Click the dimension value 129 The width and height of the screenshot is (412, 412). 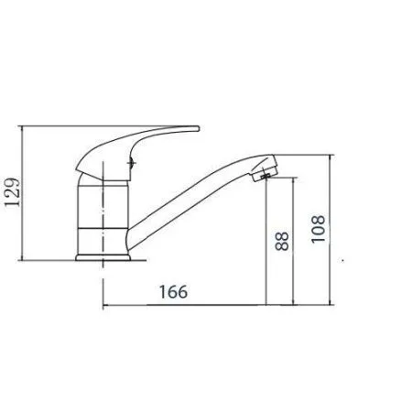tap(12, 192)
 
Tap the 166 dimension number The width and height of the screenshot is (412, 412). tap(173, 292)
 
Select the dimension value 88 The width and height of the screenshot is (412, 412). tap(282, 241)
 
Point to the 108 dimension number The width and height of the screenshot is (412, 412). tap(318, 229)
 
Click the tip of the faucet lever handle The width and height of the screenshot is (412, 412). tap(198, 128)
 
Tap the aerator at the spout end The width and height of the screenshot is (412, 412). tap(265, 171)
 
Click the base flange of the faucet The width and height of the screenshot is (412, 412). tap(103, 257)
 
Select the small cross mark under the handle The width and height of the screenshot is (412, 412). tap(132, 163)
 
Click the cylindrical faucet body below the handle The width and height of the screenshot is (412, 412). tap(103, 217)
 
